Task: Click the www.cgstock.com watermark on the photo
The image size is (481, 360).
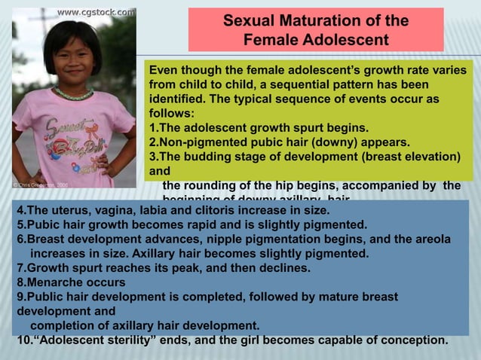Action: coord(97,11)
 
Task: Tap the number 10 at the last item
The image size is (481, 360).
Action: coord(23,339)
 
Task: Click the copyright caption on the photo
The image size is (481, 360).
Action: coord(39,184)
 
